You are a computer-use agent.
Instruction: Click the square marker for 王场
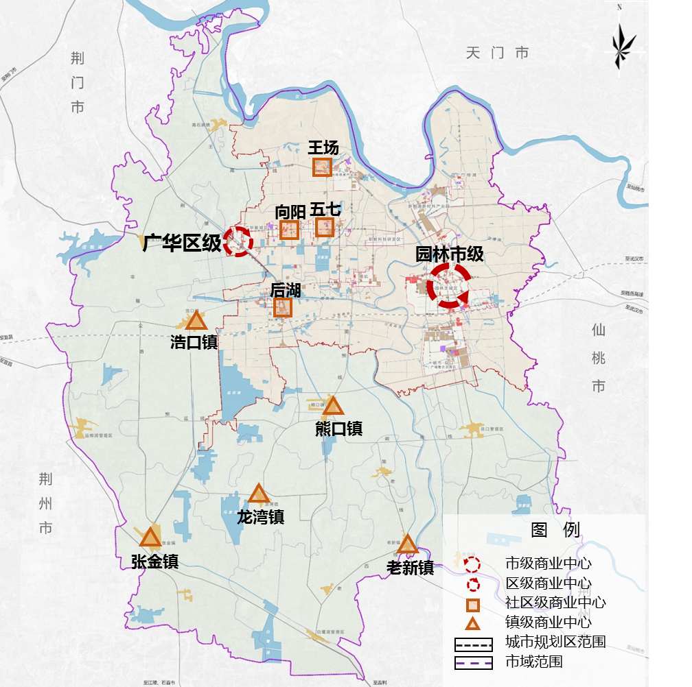click(322, 167)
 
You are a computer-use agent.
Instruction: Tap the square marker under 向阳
click(289, 230)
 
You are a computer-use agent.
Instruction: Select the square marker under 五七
click(324, 228)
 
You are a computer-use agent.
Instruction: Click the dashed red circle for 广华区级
click(239, 241)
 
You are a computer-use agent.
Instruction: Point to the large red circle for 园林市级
click(448, 285)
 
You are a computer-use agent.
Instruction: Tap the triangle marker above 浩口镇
click(196, 321)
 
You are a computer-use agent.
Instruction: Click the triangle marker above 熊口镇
click(334, 406)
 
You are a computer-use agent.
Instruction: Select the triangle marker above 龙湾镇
click(258, 494)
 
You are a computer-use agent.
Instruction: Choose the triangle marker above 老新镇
click(408, 544)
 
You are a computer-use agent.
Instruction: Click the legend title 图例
click(555, 529)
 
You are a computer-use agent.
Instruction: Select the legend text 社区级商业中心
click(555, 603)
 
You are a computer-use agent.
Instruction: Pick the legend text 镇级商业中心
click(548, 623)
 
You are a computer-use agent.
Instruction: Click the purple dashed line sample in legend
click(474, 662)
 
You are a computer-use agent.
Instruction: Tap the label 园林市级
click(450, 254)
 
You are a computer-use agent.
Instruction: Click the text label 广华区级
click(182, 243)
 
